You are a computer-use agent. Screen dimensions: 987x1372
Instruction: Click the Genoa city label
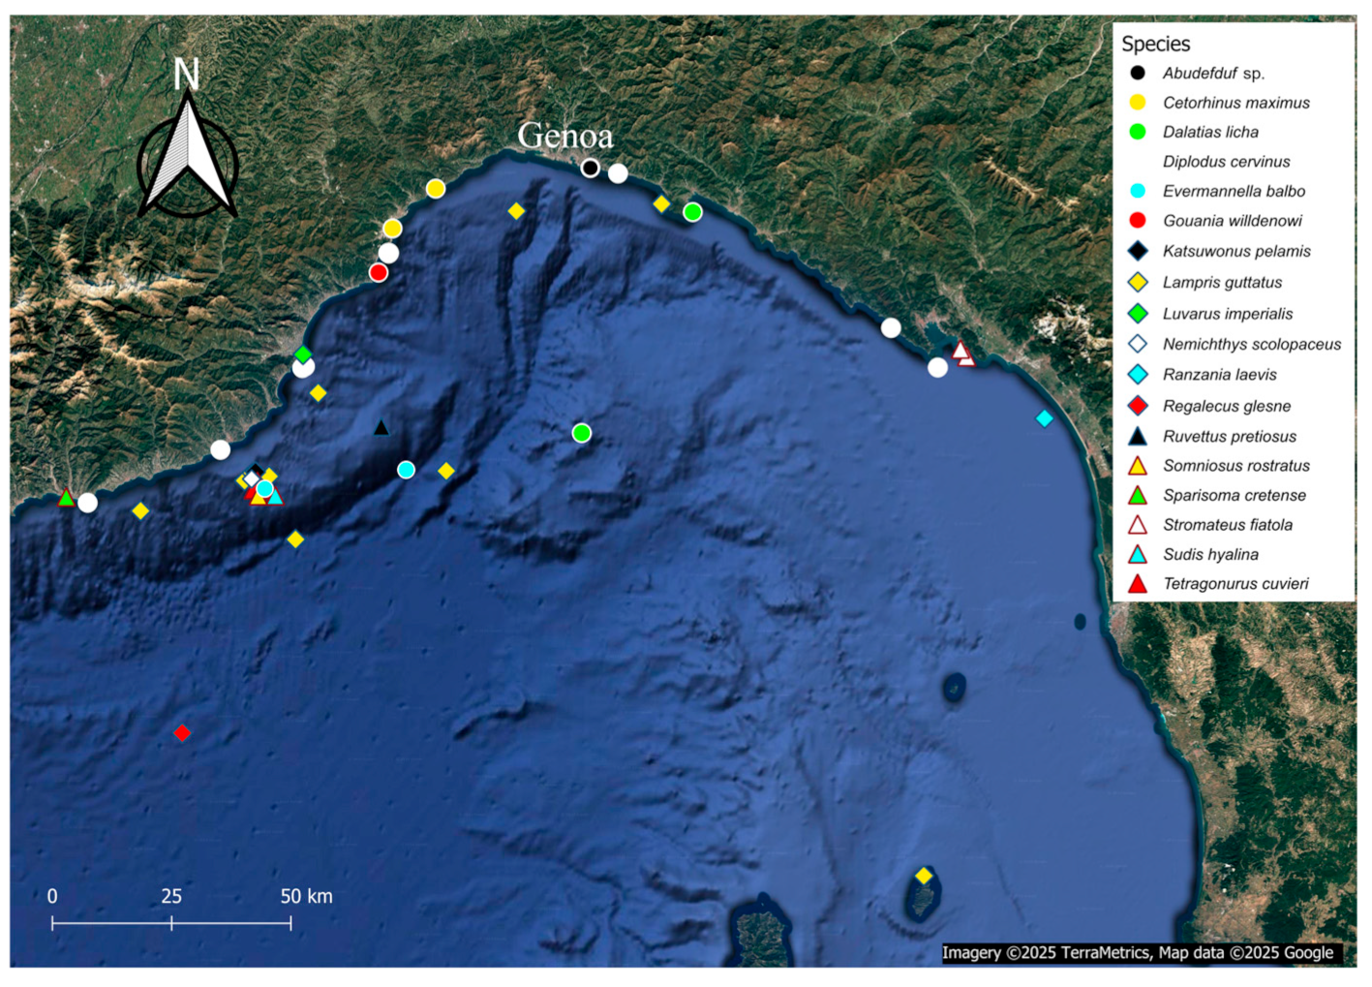pos(565,136)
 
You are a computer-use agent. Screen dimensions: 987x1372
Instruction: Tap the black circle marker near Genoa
pos(590,168)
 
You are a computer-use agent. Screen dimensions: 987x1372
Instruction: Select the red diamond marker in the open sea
pos(182,733)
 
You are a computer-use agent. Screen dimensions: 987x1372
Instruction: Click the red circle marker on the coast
pos(379,272)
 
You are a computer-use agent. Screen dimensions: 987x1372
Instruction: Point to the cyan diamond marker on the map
pos(1044,418)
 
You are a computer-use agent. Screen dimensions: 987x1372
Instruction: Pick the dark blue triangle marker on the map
pos(381,427)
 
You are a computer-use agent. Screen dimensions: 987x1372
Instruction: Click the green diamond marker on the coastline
pos(303,355)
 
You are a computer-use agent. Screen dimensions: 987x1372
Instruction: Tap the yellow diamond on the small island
pos(924,876)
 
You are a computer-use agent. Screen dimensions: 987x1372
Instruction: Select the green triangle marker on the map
pos(66,498)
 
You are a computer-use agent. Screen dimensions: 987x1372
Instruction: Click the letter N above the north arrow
pos(186,76)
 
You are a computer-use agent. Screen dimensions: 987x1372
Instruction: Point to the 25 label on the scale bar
pos(171,896)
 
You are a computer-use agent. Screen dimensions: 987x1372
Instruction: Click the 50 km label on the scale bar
pos(306,896)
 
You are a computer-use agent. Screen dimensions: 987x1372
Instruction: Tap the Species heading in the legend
pos(1155,44)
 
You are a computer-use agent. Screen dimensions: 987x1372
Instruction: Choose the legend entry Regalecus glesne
pos(1226,406)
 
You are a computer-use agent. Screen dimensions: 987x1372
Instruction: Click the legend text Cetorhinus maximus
pos(1235,103)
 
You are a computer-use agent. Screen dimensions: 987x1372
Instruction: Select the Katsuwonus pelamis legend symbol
pos(1138,251)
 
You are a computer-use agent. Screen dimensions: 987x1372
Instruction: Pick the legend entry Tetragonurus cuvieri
pos(1235,584)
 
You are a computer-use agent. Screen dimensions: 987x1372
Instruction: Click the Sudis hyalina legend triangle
pos(1138,555)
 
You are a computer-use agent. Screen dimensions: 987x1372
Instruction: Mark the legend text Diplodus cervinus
pos(1226,162)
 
